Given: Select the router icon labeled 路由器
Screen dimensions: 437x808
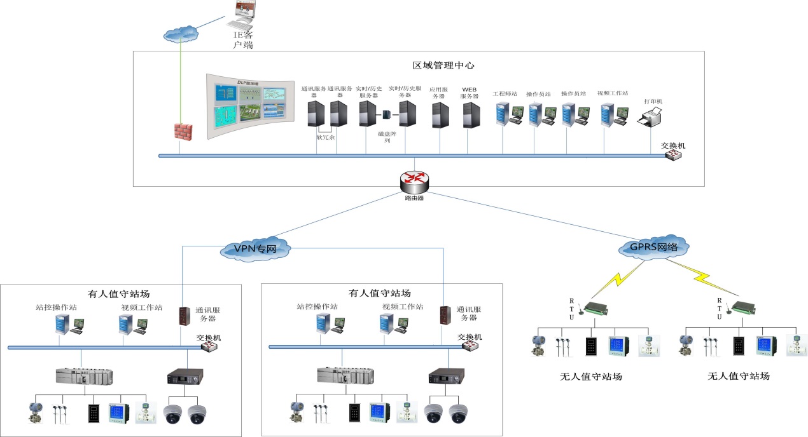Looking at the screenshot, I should tap(414, 181).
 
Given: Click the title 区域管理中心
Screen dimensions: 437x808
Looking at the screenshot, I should tap(443, 65).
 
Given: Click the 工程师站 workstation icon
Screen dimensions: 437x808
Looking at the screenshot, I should tap(508, 114).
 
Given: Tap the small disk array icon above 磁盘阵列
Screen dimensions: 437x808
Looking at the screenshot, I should tap(386, 115).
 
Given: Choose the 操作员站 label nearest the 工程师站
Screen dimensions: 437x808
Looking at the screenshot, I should tap(538, 94).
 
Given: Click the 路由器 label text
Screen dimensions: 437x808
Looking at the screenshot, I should tap(414, 198).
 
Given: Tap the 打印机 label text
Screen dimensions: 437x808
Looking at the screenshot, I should tap(653, 101).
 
